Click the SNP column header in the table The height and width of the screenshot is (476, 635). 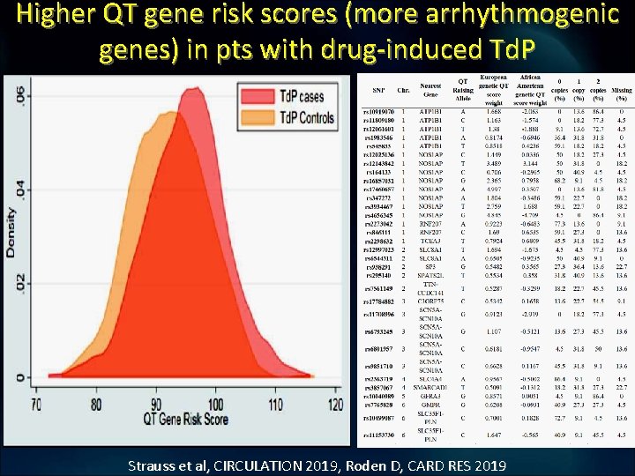click(x=377, y=89)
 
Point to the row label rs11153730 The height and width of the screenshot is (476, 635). click(x=378, y=435)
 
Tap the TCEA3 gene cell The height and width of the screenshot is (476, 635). click(x=431, y=241)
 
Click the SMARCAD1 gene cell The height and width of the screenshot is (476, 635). click(x=431, y=387)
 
